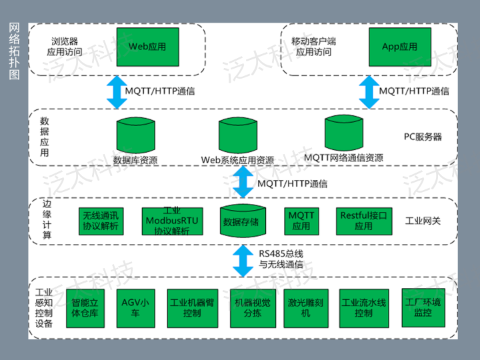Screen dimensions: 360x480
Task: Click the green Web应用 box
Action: (147, 47)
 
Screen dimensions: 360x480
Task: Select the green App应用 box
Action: (399, 47)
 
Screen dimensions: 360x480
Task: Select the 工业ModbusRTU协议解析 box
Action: (171, 221)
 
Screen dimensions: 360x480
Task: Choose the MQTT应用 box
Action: (301, 221)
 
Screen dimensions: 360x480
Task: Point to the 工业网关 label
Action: (423, 221)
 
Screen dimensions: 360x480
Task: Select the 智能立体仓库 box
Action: (85, 307)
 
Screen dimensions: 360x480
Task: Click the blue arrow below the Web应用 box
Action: (117, 91)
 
